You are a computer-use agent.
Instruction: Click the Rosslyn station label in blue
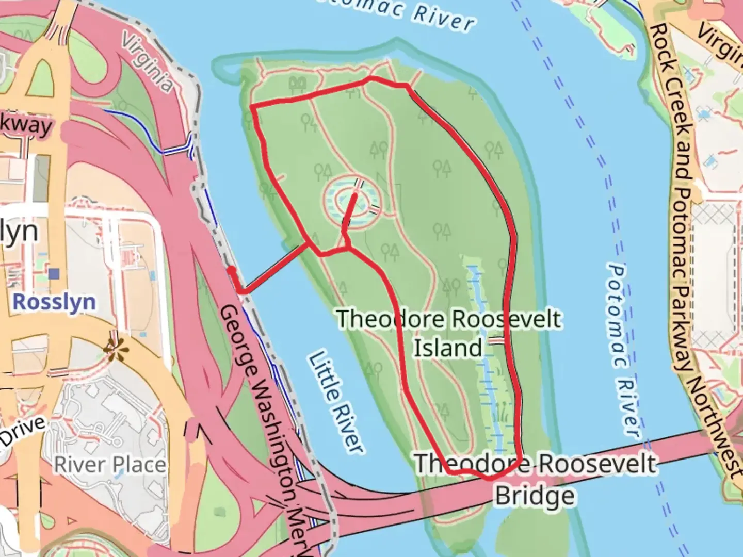[54, 302]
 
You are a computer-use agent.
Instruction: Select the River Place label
[110, 465]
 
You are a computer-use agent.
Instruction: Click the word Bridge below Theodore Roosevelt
[535, 496]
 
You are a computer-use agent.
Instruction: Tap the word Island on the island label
[448, 348]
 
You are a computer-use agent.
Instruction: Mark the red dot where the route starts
[231, 270]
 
